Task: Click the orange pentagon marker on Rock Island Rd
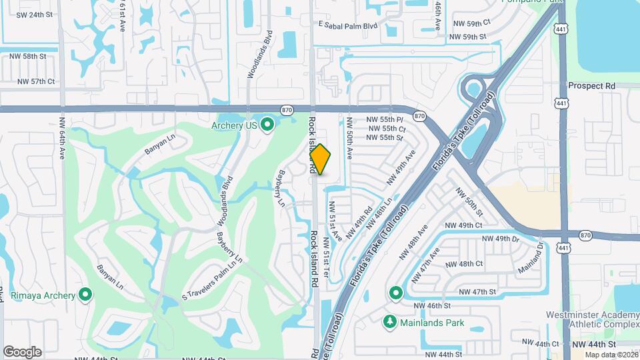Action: (321, 160)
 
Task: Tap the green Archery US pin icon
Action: (267, 125)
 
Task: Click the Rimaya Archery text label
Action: (41, 294)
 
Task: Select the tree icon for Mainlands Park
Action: (391, 323)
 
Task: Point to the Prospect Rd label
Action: (591, 86)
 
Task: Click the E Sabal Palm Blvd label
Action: (348, 26)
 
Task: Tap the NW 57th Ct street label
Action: (32, 81)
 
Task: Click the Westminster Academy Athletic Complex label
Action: (593, 319)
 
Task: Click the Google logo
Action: (22, 351)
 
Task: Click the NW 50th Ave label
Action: (348, 139)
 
